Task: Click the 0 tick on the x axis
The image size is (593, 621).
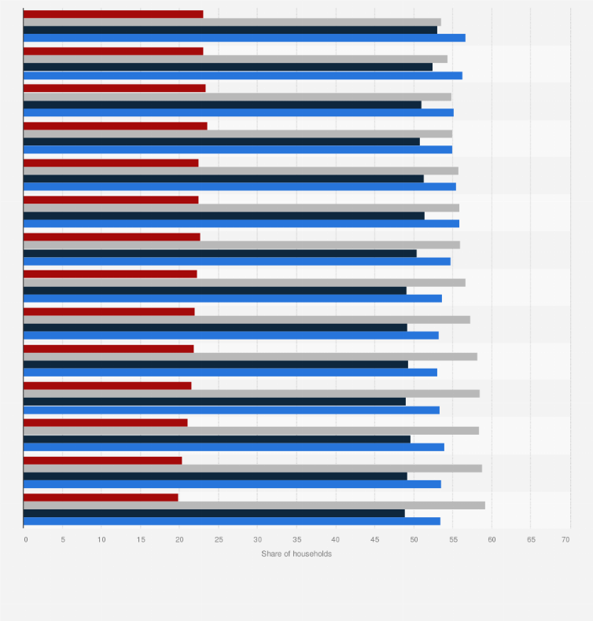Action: [x=26, y=539]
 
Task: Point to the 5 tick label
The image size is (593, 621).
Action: [x=63, y=539]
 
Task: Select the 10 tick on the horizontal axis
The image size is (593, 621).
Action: [x=101, y=539]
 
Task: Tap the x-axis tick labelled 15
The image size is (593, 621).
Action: [x=141, y=539]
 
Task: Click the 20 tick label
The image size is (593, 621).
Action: [x=179, y=539]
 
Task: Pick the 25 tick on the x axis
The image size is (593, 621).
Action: [x=219, y=539]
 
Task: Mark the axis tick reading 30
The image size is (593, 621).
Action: [x=257, y=539]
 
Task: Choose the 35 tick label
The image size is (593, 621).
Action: [x=296, y=539]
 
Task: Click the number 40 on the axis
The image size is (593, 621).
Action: [x=336, y=539]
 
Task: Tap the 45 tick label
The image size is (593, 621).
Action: [x=374, y=539]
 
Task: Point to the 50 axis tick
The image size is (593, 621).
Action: [x=414, y=539]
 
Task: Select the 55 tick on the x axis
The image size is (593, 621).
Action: [x=452, y=539]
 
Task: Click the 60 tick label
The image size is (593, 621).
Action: [x=492, y=539]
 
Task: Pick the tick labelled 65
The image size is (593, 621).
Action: [x=531, y=539]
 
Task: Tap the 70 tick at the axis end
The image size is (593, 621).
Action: [x=565, y=539]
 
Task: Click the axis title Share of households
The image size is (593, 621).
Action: [x=296, y=554]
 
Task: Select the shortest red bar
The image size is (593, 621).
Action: [x=101, y=497]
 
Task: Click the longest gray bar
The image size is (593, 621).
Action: [x=254, y=505]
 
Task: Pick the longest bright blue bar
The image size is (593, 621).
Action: [x=244, y=38]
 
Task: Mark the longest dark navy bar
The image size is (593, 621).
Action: [x=230, y=30]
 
